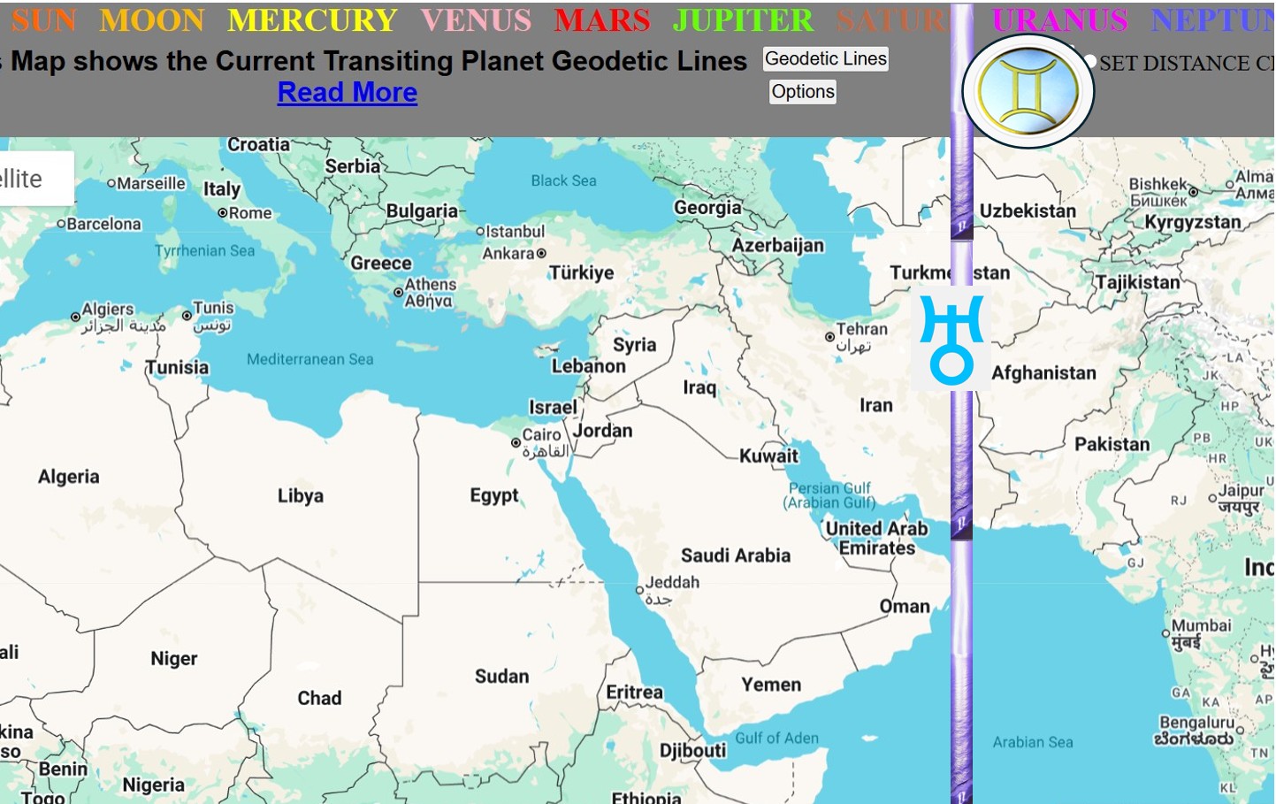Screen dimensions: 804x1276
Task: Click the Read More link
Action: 347,92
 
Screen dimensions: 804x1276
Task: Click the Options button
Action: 802,92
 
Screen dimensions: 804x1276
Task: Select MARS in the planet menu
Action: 602,20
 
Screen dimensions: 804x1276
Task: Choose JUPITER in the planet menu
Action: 743,20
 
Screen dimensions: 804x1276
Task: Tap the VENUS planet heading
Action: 476,20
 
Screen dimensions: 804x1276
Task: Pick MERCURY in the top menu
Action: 312,20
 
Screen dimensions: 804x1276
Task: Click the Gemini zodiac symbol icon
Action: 1028,91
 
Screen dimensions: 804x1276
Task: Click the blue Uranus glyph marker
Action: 951,339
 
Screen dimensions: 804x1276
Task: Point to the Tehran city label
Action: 861,329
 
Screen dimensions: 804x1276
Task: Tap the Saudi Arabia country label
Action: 735,555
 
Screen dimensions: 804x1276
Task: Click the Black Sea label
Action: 563,180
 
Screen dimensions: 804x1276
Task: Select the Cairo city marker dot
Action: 516,442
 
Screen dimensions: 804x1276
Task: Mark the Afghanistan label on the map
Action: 1043,373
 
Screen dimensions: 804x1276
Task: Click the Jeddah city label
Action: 672,582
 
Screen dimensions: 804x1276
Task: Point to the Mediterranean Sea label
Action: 309,359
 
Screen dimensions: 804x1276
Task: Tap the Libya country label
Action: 300,495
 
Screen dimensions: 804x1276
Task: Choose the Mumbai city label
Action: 1201,626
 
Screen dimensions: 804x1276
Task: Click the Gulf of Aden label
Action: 776,738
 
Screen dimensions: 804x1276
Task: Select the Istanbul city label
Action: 515,232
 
